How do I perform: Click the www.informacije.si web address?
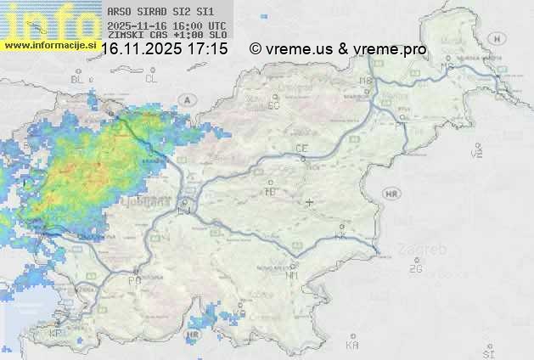(x=49, y=44)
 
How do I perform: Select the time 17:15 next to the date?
(x=208, y=49)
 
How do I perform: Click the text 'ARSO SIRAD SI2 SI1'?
(x=155, y=13)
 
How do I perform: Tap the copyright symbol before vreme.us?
(x=255, y=49)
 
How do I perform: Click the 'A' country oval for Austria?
(x=186, y=99)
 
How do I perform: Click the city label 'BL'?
(x=79, y=79)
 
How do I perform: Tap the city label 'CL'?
(x=151, y=79)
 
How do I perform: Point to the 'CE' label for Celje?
(x=301, y=149)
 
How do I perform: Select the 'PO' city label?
(x=134, y=280)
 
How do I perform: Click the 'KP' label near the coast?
(x=57, y=334)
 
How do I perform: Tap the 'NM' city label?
(x=293, y=275)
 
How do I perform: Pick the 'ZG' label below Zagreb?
(x=415, y=269)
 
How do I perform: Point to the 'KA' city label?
(x=352, y=346)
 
